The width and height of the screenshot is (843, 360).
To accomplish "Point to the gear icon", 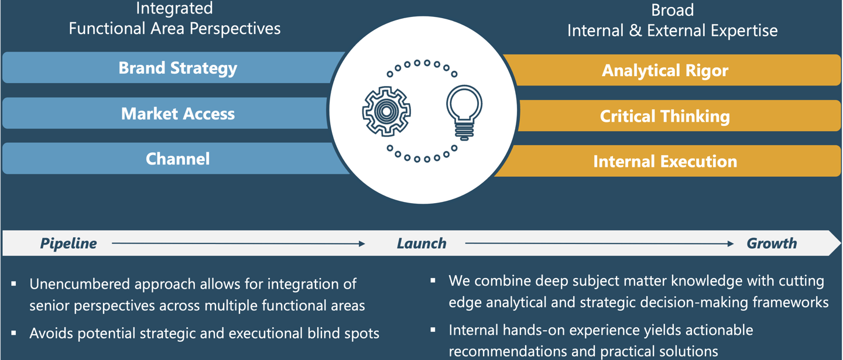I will pyautogui.click(x=386, y=111).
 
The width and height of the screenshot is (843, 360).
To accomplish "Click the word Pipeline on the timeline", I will pyautogui.click(x=68, y=244).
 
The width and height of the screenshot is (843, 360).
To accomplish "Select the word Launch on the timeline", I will pyautogui.click(x=421, y=244).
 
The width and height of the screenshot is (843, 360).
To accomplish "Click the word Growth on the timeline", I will pyautogui.click(x=772, y=244).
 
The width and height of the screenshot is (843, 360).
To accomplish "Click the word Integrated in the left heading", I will pyautogui.click(x=174, y=9).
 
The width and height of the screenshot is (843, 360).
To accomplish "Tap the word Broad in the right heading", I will pyautogui.click(x=672, y=10).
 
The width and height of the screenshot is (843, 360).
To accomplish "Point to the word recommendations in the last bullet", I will pyautogui.click(x=514, y=351).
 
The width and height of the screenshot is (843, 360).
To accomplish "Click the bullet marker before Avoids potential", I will pyautogui.click(x=14, y=333).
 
